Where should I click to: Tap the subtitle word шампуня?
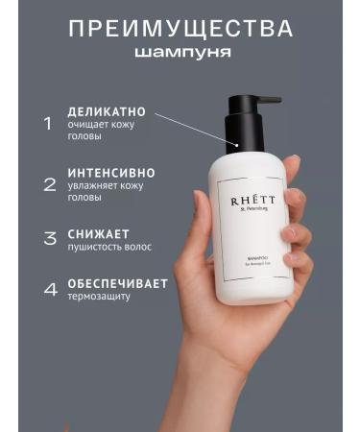click(181, 52)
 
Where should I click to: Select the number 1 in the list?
click(47, 123)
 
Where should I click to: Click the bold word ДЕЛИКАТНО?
click(107, 112)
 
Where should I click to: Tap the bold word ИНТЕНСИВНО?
click(111, 173)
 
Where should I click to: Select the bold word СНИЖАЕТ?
click(98, 233)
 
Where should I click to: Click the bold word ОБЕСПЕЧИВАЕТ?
click(117, 283)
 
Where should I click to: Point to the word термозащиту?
click(100, 298)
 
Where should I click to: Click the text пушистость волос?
click(109, 247)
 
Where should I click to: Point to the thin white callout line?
click(197, 130)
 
